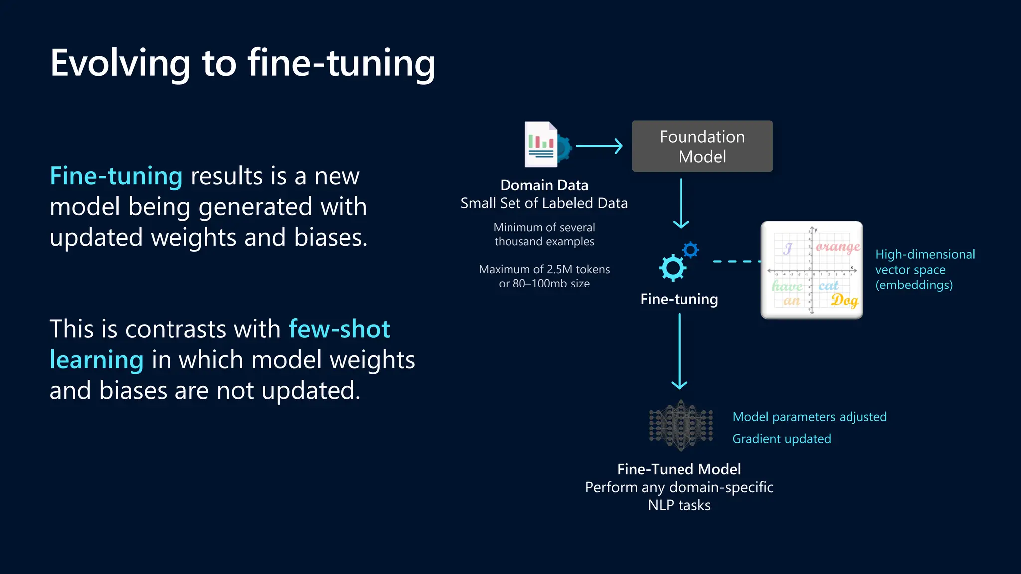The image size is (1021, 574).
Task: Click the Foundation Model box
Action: [702, 146]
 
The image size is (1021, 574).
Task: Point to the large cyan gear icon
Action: [673, 268]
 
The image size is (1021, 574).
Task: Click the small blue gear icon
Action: [691, 250]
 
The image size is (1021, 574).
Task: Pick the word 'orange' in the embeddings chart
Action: [838, 247]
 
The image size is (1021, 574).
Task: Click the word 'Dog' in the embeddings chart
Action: [844, 300]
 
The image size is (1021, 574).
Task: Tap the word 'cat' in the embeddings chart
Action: [828, 286]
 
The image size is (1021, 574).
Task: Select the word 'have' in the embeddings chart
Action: [787, 286]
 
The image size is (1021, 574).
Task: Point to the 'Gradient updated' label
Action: [781, 439]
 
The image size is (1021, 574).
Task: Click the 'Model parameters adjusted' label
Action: [809, 417]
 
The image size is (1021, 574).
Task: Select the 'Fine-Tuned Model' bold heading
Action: [679, 469]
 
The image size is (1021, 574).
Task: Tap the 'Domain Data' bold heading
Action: [544, 185]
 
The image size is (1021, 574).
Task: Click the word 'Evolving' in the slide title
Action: [120, 64]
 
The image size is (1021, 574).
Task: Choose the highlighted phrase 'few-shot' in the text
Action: [339, 329]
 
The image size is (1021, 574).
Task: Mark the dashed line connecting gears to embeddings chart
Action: [736, 261]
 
